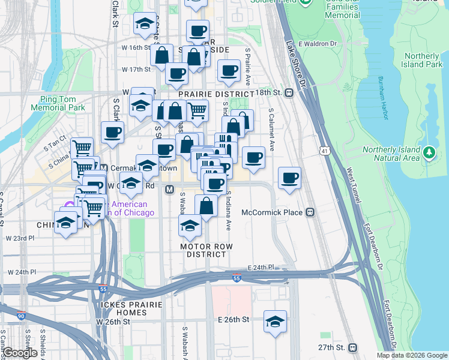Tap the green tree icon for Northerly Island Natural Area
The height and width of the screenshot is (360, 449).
click(x=429, y=153)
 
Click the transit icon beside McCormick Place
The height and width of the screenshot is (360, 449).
click(x=310, y=212)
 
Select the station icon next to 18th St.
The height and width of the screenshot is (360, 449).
click(x=289, y=93)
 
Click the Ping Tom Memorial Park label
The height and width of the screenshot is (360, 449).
click(x=62, y=103)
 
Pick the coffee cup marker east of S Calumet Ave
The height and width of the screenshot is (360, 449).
click(x=289, y=178)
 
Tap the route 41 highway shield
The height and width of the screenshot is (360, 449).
click(x=325, y=149)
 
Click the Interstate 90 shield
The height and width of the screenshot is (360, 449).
click(x=22, y=315)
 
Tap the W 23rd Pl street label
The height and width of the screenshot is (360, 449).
click(x=22, y=238)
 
